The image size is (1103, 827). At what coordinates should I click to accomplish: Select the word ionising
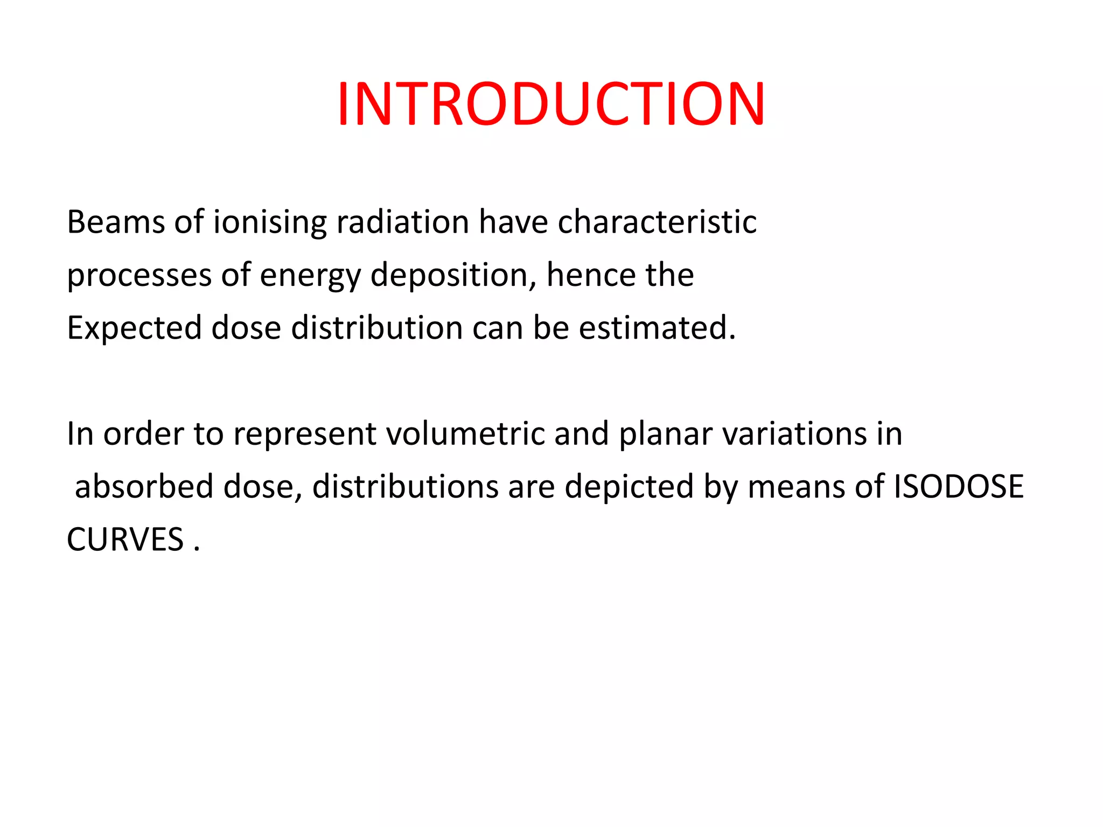tap(270, 222)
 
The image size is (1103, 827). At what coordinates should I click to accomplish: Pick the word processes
tap(139, 276)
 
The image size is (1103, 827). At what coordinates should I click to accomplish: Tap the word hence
tap(591, 275)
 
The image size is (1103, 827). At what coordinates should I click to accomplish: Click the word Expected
tap(134, 328)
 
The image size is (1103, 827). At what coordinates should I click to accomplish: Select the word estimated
tap(657, 327)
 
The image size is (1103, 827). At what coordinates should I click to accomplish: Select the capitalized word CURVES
tap(125, 539)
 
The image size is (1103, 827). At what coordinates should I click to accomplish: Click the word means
tap(797, 487)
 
